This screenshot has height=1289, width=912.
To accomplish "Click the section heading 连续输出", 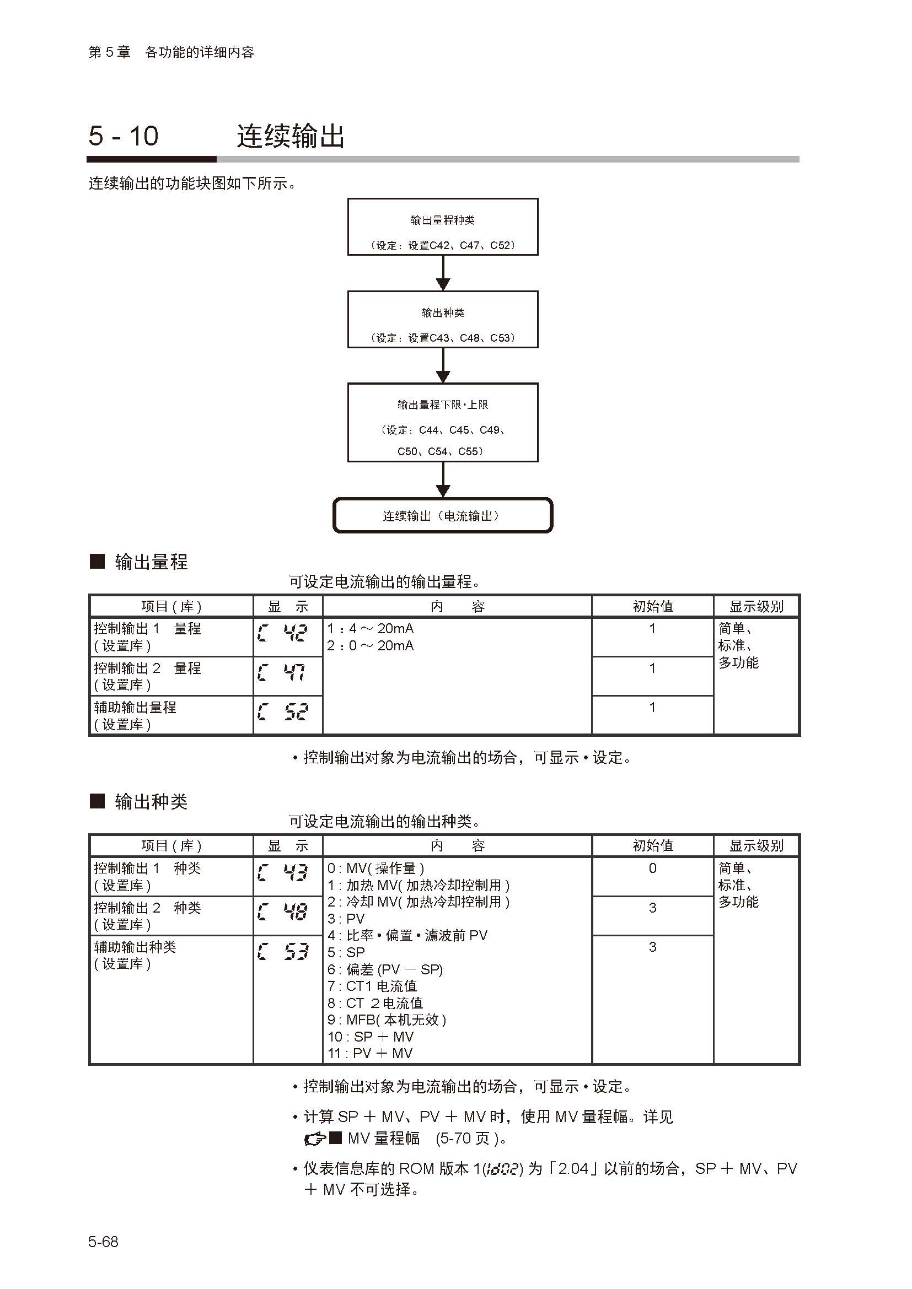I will tap(291, 136).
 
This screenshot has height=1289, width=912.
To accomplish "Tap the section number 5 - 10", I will tap(124, 136).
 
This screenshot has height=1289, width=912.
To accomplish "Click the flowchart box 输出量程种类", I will tap(443, 227).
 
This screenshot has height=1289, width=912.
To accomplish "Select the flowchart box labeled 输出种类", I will tap(443, 319).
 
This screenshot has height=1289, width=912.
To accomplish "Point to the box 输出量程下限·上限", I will tap(443, 422).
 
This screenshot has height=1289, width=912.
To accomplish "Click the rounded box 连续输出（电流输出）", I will tap(443, 515).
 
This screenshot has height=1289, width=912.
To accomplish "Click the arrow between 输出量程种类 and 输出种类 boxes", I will tap(443, 273).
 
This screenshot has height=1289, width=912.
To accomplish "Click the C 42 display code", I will tap(283, 634).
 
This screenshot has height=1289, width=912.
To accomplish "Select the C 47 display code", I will tap(283, 673).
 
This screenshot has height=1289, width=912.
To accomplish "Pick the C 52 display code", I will tap(283, 713).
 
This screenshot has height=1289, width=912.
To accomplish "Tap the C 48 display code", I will tap(283, 912).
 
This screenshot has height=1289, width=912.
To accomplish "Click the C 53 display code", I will tap(283, 952).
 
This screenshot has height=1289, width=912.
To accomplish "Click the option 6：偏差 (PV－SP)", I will tap(385, 969).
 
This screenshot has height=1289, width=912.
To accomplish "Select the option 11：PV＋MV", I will tap(370, 1054).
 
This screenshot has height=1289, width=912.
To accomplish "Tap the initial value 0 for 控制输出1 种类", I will tap(652, 869).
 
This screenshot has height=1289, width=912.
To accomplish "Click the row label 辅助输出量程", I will tap(135, 708).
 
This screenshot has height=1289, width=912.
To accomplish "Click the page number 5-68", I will tap(103, 1242).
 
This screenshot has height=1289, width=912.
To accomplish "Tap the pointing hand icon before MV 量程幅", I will tap(314, 1139).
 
